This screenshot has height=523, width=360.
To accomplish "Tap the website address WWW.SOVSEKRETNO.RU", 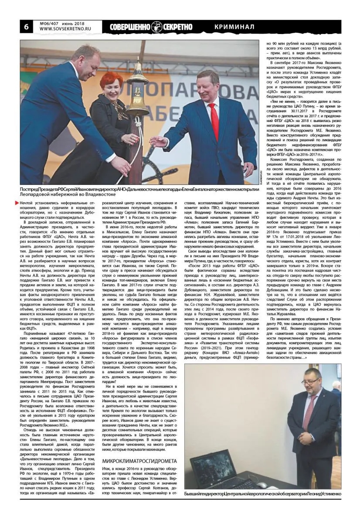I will (63, 30).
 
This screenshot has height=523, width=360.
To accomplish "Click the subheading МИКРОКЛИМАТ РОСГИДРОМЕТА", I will (139, 461).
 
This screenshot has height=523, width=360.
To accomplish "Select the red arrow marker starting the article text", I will (17, 203).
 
